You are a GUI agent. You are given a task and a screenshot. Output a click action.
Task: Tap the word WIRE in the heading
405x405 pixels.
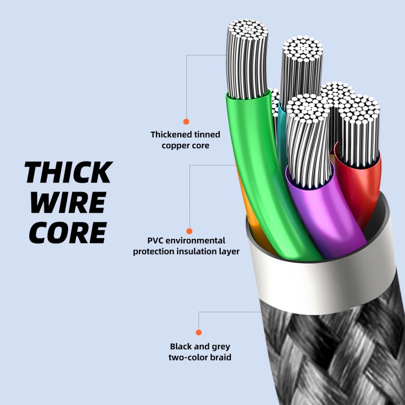[x=67, y=202]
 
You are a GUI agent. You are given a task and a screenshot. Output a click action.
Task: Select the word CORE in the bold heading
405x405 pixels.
[x=67, y=232]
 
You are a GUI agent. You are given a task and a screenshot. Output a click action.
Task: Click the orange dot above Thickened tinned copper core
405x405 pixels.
[x=186, y=121]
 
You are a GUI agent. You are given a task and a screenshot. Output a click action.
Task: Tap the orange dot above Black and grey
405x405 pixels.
[x=199, y=332]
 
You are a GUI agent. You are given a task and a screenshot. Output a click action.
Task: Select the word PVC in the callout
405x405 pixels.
[x=155, y=240]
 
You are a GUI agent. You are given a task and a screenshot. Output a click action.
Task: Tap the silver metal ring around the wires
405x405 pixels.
[x=324, y=283]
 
